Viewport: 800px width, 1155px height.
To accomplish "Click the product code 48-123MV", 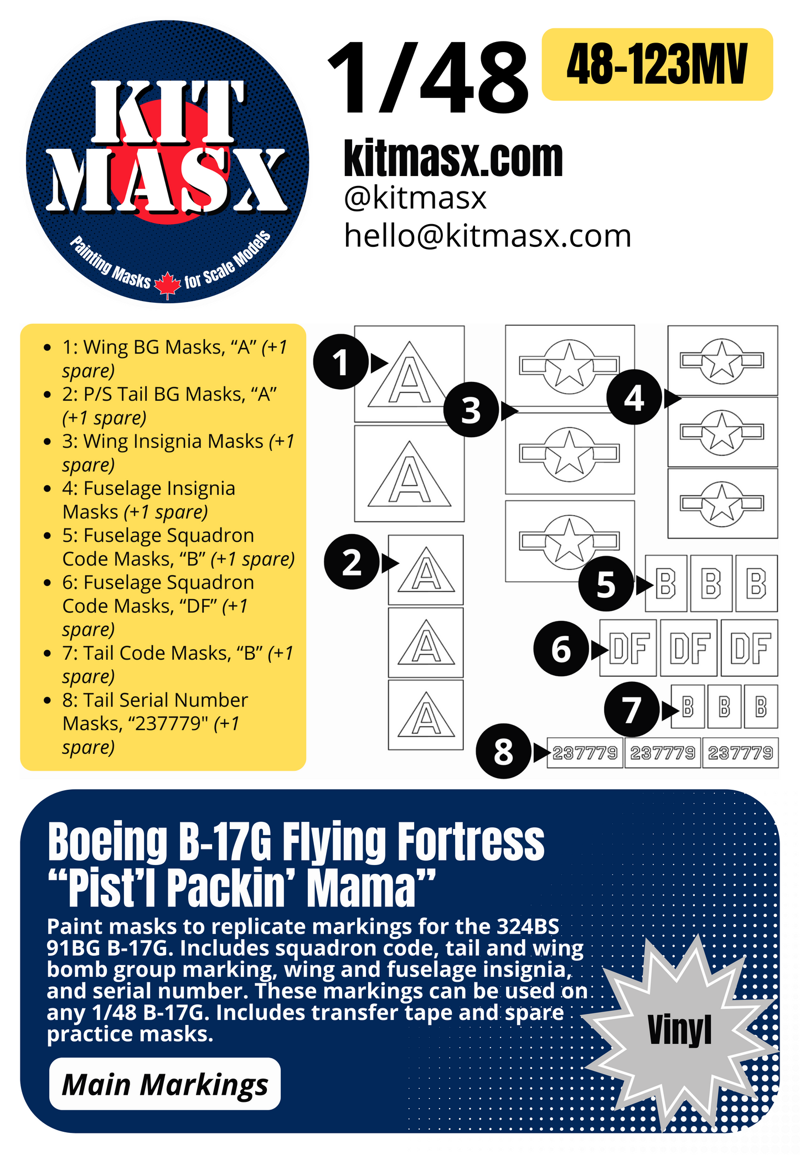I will tap(657, 65).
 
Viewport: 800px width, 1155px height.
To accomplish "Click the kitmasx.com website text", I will tap(453, 159).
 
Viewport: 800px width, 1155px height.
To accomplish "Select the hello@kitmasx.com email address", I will tap(487, 236).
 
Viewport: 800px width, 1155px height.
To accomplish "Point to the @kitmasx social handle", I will tap(415, 198).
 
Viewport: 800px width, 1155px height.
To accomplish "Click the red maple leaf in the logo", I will tap(167, 285).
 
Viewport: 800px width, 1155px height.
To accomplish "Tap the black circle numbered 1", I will tap(340, 362).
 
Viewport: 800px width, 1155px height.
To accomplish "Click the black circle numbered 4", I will tap(634, 397).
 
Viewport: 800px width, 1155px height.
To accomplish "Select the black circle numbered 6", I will tap(561, 649).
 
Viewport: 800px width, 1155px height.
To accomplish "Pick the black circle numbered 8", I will tap(503, 751).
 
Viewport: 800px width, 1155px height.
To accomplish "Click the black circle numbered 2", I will tap(352, 562).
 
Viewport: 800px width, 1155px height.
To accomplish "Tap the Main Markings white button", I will tap(165, 1084).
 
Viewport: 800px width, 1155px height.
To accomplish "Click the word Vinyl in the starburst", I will tap(679, 1030).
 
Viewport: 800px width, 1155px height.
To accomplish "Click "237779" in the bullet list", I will tap(172, 723).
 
